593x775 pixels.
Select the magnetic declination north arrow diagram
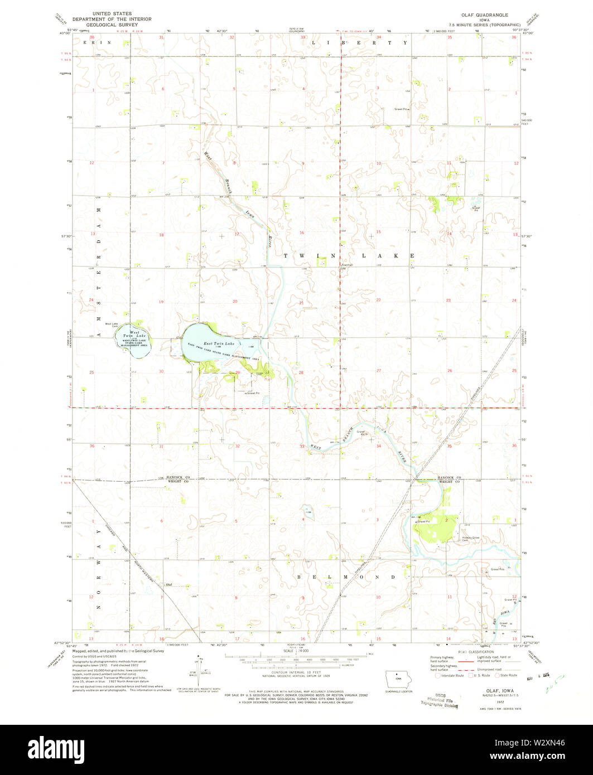pyautogui.click(x=199, y=667)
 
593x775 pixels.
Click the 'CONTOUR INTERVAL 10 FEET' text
pyautogui.click(x=288, y=675)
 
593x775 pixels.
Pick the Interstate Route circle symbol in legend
pyautogui.click(x=438, y=675)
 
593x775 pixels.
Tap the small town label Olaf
pyautogui.click(x=168, y=584)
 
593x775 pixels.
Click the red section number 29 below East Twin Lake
pyautogui.click(x=237, y=372)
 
